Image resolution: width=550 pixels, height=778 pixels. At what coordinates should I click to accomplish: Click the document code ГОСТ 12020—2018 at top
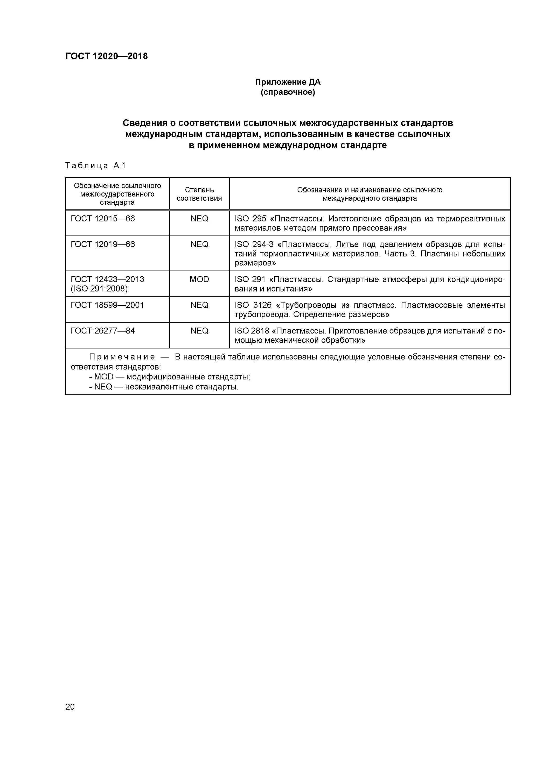[106, 56]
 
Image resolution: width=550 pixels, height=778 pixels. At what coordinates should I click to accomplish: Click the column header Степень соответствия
[199, 194]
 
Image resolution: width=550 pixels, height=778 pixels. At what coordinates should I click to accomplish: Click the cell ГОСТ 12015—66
[103, 219]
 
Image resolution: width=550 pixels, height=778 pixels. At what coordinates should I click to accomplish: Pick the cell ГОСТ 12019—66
[103, 244]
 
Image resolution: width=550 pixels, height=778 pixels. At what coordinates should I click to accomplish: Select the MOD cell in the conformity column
[199, 280]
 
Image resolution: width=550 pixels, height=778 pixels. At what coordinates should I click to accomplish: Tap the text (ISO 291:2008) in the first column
[99, 289]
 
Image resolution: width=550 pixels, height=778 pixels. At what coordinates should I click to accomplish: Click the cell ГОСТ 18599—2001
[107, 305]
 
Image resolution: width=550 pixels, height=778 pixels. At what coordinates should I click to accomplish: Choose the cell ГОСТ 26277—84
[103, 331]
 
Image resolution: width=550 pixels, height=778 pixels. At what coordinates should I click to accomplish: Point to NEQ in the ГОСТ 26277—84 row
[199, 331]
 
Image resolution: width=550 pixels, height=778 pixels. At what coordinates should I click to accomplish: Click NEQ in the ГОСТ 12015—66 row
[199, 219]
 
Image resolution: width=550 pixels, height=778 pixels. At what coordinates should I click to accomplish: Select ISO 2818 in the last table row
[252, 331]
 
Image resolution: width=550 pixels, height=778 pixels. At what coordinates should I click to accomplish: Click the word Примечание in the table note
[122, 357]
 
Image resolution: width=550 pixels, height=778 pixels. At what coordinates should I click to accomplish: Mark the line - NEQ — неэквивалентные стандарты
[164, 387]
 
